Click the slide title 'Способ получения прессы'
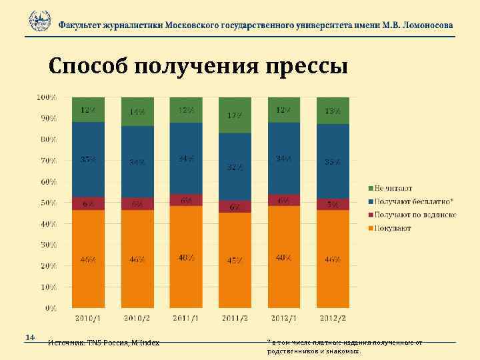(198, 67)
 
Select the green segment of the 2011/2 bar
(235, 115)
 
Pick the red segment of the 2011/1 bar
(186, 200)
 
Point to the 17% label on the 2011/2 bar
(235, 116)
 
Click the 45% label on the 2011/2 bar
(235, 261)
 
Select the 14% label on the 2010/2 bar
(137, 113)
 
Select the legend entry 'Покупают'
(392, 228)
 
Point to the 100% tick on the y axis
(46, 97)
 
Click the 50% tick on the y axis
(47, 203)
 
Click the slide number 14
(29, 337)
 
